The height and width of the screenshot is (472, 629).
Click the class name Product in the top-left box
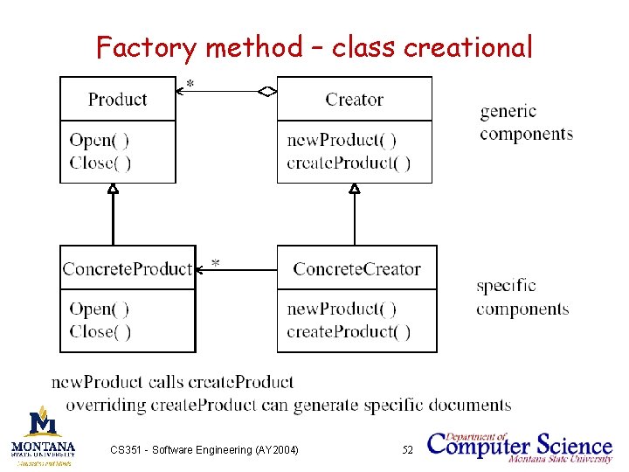point(118,100)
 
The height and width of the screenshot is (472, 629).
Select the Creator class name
point(354,100)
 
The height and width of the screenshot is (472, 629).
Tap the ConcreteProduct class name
point(128,269)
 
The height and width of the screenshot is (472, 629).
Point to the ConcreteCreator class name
point(356,269)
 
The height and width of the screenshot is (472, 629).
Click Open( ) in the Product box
point(100,140)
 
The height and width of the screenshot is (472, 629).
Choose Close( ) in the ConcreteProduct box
point(100,331)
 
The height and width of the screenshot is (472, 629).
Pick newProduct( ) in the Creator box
point(342,140)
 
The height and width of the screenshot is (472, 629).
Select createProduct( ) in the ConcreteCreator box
point(349,331)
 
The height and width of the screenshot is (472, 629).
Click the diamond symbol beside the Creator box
point(267,89)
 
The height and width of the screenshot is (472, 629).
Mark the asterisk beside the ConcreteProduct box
point(214,263)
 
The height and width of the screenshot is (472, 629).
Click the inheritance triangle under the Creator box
point(354,188)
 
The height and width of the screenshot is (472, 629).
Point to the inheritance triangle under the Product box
point(113,188)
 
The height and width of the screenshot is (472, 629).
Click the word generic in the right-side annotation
point(508,112)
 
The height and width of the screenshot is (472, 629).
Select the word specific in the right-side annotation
point(506,286)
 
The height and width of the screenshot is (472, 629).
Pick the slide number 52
point(407,450)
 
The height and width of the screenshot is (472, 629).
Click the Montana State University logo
point(44,434)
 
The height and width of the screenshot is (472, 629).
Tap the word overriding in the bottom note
point(107,406)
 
